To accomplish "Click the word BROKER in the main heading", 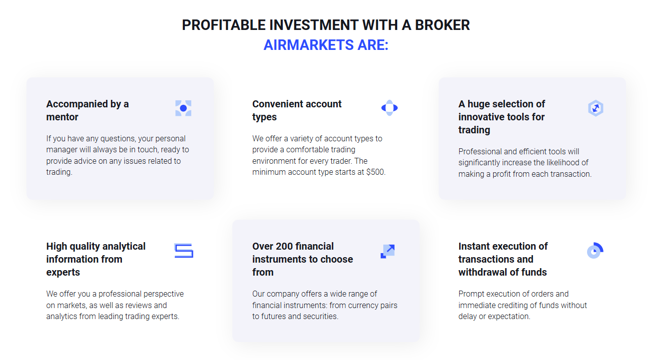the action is (442, 25).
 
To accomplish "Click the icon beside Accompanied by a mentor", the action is (183, 108).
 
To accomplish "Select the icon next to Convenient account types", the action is (389, 108).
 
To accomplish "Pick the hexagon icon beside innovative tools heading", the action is (596, 108).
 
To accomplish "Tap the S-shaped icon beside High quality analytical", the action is (183, 251).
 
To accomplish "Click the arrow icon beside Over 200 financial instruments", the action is (388, 251).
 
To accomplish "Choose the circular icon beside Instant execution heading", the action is (595, 251).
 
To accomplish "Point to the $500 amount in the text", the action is (375, 172).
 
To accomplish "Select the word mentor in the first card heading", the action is (62, 117).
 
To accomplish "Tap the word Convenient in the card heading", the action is (275, 104).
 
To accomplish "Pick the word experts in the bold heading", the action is (63, 273).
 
